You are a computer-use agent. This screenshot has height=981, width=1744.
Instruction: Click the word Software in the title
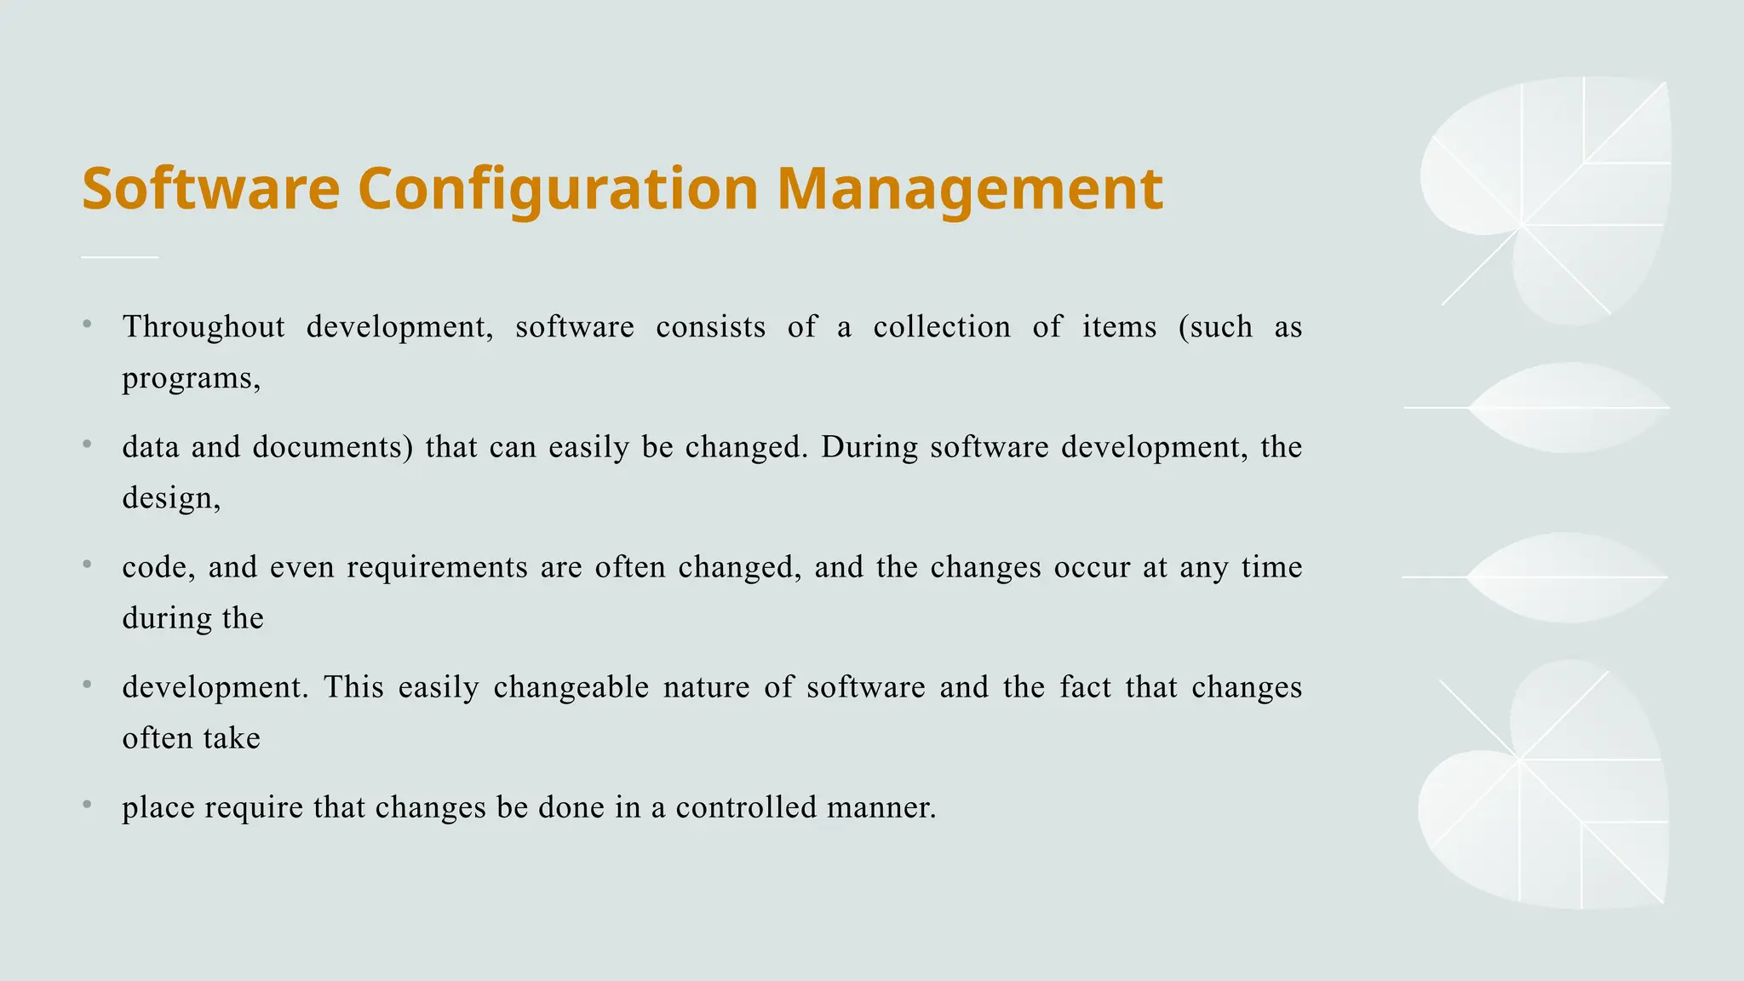coord(210,188)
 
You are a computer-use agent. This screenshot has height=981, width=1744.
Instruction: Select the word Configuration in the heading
coord(558,188)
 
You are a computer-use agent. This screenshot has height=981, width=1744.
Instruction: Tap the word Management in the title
coord(970,188)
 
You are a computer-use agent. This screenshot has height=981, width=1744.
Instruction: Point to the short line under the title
coord(120,256)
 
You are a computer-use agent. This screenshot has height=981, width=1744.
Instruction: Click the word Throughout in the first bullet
coord(204,327)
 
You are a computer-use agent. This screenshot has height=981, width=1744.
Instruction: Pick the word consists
coord(710,327)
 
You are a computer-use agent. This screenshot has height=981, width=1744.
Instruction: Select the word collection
coord(942,327)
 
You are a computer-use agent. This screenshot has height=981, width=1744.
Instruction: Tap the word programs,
coord(192,378)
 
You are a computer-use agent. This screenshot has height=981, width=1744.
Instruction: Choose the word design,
coord(171,498)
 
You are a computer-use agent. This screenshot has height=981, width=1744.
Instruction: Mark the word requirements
coord(437,567)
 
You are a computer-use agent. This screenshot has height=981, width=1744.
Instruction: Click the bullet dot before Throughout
coord(87,324)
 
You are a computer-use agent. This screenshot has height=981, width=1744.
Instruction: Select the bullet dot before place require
coord(87,804)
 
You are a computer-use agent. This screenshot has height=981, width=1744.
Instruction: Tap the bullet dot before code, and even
coord(87,564)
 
